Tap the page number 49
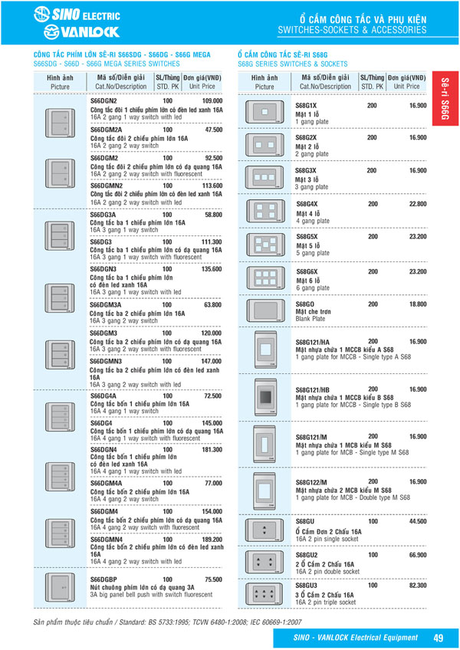click(438, 637)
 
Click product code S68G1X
click(306, 105)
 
